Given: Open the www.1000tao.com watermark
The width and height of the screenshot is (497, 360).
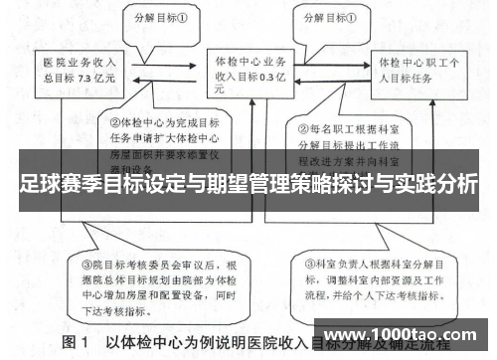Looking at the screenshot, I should coord(401,333).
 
